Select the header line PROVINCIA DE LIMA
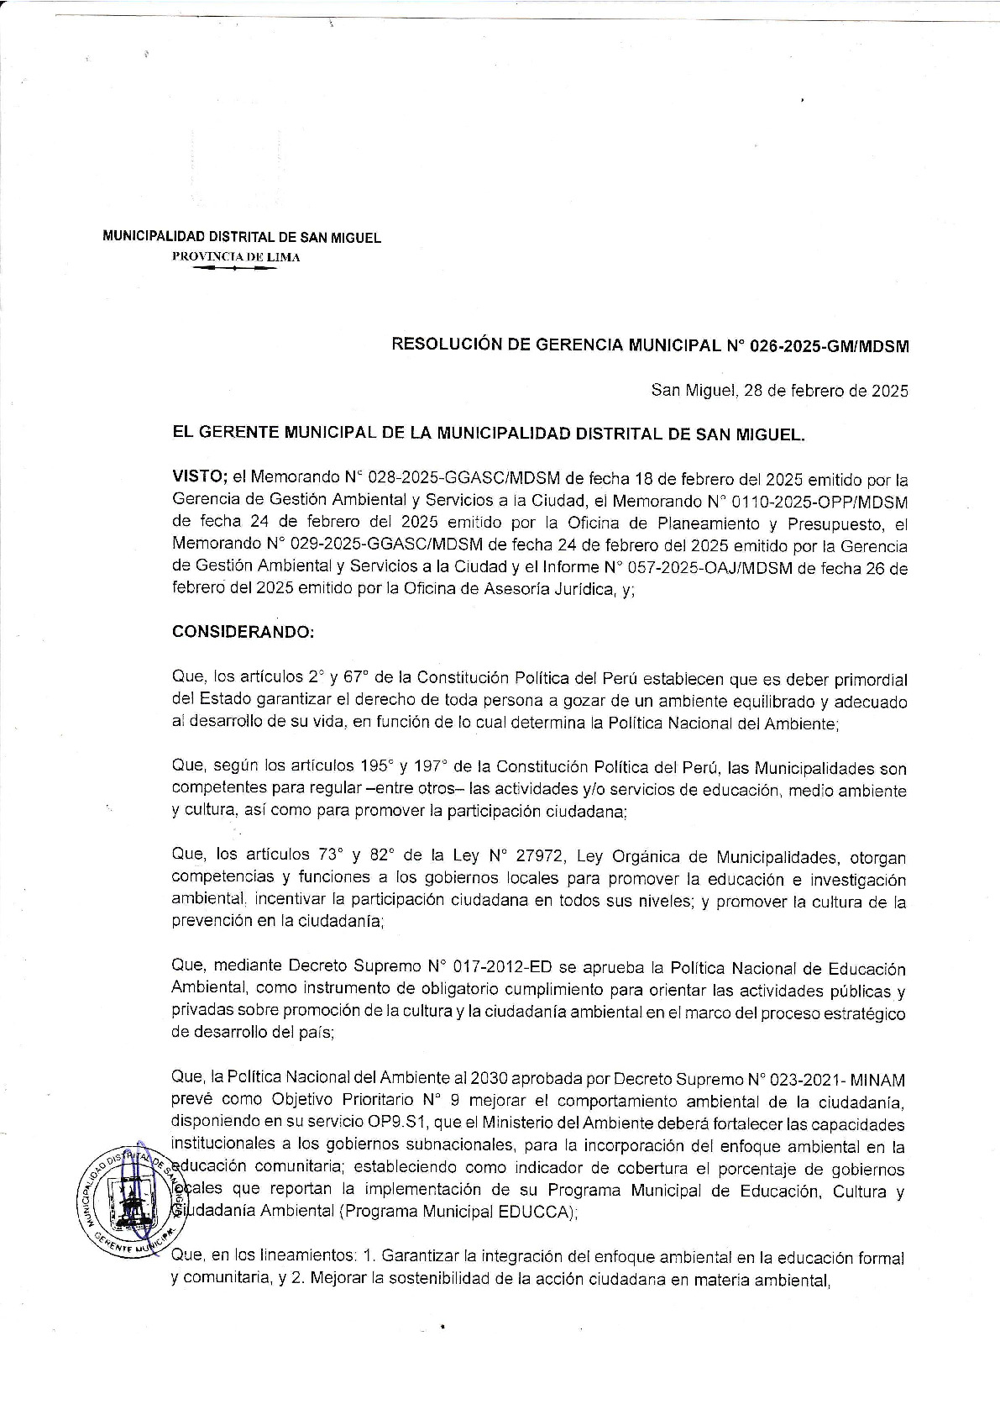coord(236,257)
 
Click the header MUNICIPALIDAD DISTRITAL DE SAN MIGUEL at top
coord(242,238)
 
